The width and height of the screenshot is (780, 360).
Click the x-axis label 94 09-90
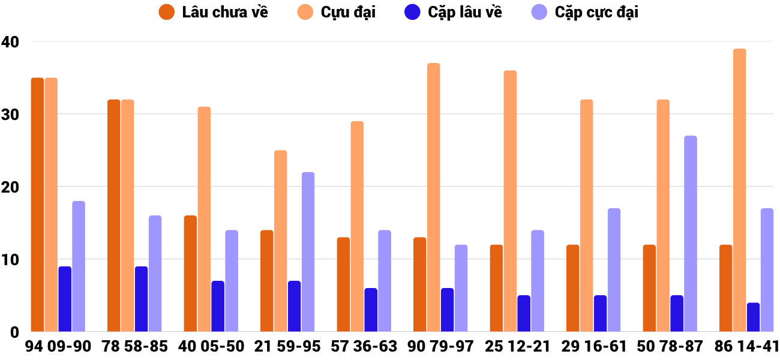coord(58,347)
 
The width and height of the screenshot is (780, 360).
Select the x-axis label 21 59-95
coord(287,347)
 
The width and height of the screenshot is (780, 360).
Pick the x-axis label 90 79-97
coord(440,347)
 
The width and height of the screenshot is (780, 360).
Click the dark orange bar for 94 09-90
coord(37,205)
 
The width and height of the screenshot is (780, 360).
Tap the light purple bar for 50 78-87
coord(691,234)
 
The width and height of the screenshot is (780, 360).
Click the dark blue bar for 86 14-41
coord(753,317)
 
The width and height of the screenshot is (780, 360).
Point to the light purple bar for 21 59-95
coord(308,252)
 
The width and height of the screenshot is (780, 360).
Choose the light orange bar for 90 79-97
coord(433,197)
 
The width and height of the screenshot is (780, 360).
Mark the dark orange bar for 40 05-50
coord(190,274)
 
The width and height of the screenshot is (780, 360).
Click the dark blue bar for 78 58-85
coord(141,299)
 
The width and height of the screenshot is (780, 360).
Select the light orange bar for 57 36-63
coord(357,226)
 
